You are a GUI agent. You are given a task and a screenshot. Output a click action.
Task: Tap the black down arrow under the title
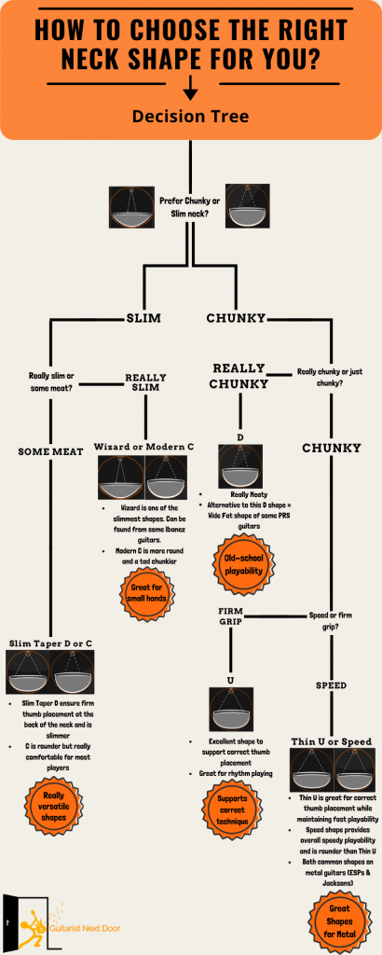click(x=190, y=88)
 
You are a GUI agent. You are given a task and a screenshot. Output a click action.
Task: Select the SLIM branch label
click(x=143, y=318)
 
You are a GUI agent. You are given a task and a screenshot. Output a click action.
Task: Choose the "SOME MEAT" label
click(x=50, y=451)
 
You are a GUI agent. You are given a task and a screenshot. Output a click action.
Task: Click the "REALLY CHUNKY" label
click(x=238, y=376)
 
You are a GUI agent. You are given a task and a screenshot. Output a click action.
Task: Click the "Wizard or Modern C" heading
click(x=143, y=447)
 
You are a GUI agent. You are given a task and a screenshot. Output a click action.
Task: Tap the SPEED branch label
click(x=331, y=685)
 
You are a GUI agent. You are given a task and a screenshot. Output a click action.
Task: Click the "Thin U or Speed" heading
click(x=332, y=741)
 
